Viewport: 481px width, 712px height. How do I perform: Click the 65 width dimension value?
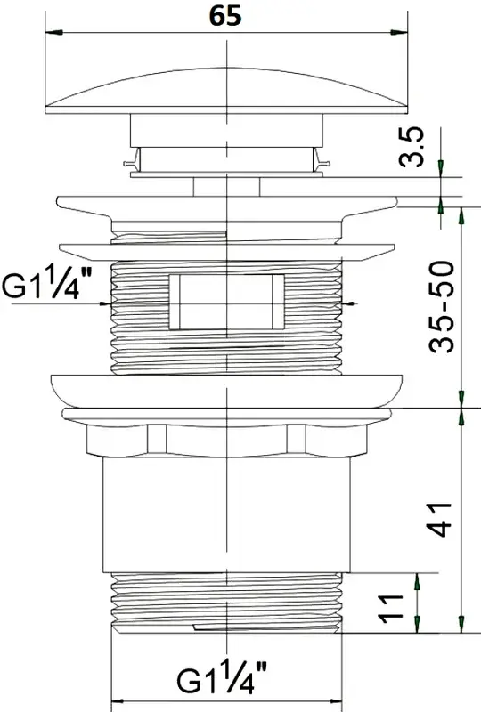point(225,16)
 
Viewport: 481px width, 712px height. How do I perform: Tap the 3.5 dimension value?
point(412,147)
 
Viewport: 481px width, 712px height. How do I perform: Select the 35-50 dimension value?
point(441,307)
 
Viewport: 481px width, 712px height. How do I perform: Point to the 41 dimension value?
point(440,520)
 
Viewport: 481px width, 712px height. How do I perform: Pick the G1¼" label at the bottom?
point(222,678)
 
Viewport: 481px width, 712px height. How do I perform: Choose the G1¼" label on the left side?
point(47,284)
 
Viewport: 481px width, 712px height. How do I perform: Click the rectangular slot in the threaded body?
point(226,302)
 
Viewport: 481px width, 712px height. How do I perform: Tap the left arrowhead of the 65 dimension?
point(54,32)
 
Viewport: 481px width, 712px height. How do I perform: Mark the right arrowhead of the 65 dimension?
point(399,32)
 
